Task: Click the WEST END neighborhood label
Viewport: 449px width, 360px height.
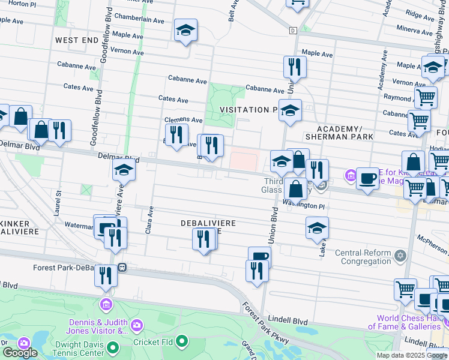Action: [x=76, y=40]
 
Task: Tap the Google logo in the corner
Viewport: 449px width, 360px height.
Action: [x=20, y=352]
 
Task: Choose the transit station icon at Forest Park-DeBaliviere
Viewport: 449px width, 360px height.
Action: [x=122, y=267]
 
